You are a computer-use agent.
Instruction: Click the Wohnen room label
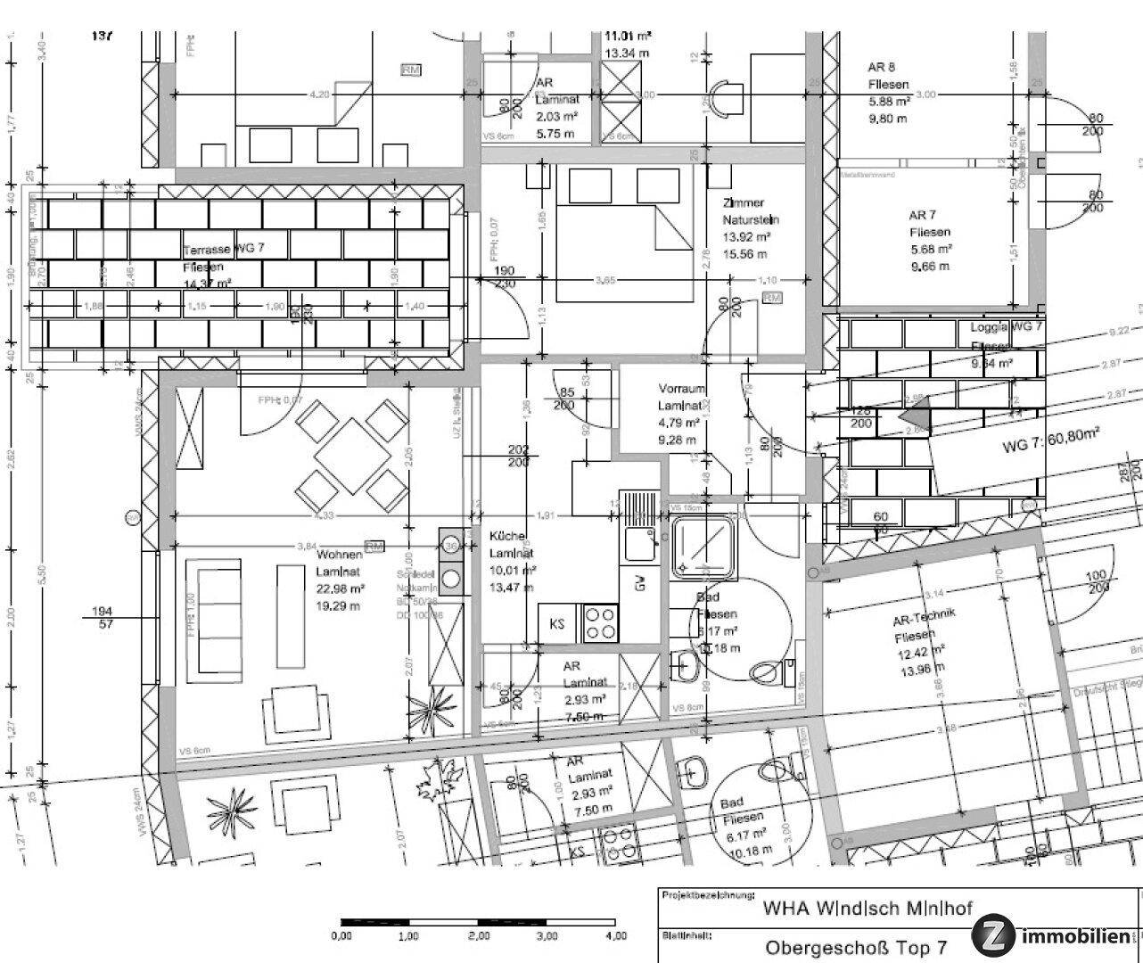pyautogui.click(x=338, y=555)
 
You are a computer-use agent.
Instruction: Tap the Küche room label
pyautogui.click(x=507, y=537)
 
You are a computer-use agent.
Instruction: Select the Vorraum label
pyautogui.click(x=682, y=389)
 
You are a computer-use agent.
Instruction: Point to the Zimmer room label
pyautogui.click(x=744, y=203)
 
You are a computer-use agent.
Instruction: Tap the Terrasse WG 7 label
pyautogui.click(x=224, y=250)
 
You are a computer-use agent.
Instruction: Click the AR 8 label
pyautogui.click(x=881, y=67)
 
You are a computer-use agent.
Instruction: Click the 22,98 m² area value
pyautogui.click(x=341, y=588)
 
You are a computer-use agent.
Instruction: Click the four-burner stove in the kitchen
pyautogui.click(x=600, y=623)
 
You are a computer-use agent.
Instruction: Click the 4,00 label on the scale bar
pyautogui.click(x=615, y=936)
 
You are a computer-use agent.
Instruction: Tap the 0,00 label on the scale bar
pyautogui.click(x=341, y=936)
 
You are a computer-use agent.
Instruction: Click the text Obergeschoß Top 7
pyautogui.click(x=855, y=947)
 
